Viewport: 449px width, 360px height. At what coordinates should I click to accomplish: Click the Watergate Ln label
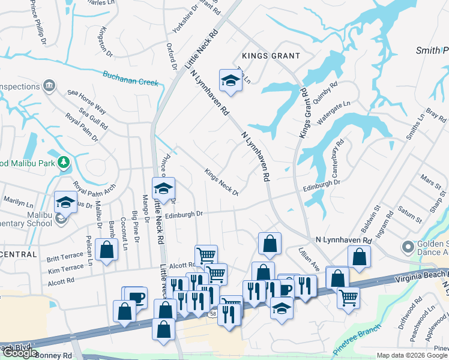point(333,112)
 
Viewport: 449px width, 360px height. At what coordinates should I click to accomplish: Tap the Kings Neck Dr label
point(221,182)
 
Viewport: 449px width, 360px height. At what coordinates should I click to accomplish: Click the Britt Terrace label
point(65,257)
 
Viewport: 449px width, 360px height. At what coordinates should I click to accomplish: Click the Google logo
point(19,353)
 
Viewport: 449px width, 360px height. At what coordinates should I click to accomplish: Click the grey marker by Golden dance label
point(408,247)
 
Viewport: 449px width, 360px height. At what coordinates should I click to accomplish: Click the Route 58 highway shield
point(214,313)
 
